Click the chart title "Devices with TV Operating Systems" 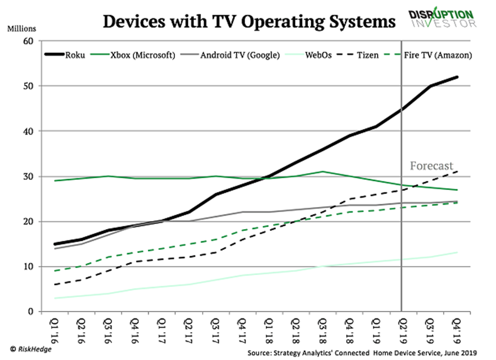249,21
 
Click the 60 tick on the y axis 28,41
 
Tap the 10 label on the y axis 28,266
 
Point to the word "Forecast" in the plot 431,166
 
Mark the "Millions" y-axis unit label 23,28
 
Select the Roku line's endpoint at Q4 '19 457,77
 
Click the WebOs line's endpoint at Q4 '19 457,252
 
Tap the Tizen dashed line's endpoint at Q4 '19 457,171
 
